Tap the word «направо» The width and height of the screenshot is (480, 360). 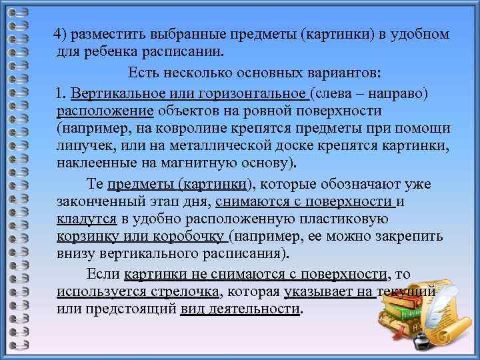pos(395,93)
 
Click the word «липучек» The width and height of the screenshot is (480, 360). pos(83,145)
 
